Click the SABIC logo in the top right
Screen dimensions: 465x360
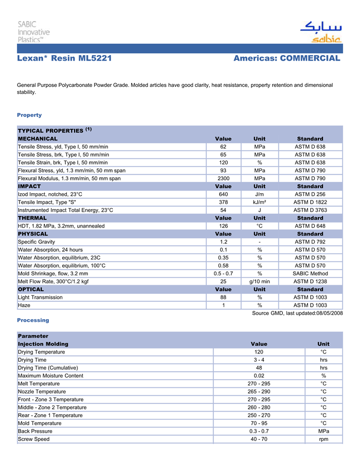click(x=321, y=32)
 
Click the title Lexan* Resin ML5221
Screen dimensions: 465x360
click(x=64, y=59)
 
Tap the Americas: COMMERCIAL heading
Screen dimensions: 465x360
click(x=286, y=59)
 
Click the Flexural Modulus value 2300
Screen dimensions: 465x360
click(x=223, y=178)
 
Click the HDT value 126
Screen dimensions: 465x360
click(x=223, y=226)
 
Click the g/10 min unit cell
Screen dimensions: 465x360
click(x=260, y=282)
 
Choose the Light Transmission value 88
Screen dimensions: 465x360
click(x=223, y=297)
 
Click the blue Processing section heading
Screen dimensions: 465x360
click(x=33, y=320)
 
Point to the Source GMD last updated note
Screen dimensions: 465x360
click(x=297, y=313)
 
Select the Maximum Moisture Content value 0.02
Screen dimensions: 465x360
click(x=259, y=376)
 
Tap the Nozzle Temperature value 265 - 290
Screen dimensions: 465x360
click(x=259, y=392)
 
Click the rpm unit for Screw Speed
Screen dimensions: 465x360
click(x=323, y=439)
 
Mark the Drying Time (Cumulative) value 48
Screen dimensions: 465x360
click(x=259, y=368)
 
